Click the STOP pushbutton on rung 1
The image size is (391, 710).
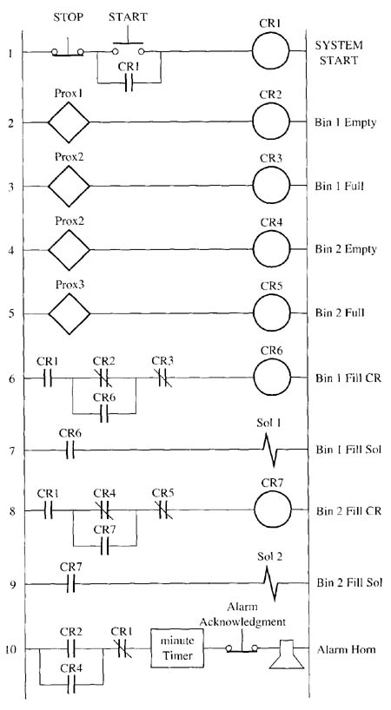point(68,50)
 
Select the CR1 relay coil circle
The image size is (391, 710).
point(270,50)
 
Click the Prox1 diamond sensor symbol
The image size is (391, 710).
point(69,122)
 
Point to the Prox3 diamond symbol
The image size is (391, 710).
point(70,313)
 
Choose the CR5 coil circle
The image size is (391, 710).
point(271,313)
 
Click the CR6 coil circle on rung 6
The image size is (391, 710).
point(271,378)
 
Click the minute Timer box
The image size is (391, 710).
point(177,648)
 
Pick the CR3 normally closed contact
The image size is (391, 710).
point(163,378)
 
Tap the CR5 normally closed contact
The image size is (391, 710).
point(163,510)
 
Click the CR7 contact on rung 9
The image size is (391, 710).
point(70,584)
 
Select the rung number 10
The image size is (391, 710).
point(12,649)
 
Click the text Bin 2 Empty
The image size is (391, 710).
point(346,249)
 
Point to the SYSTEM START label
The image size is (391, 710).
point(340,53)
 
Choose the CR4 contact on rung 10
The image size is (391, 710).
point(71,685)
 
